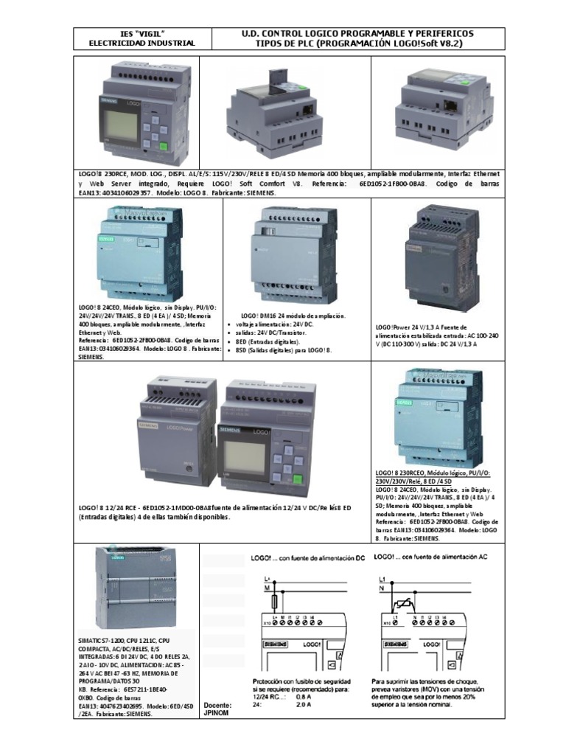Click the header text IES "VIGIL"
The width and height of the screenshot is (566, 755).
pyautogui.click(x=141, y=34)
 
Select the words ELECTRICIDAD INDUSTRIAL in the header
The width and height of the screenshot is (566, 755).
pyautogui.click(x=141, y=44)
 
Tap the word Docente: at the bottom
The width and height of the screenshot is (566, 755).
pyautogui.click(x=217, y=704)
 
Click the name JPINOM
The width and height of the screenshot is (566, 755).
pyautogui.click(x=217, y=714)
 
